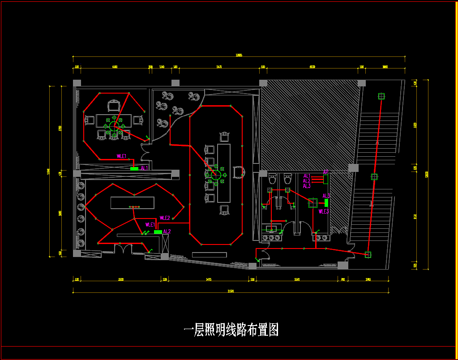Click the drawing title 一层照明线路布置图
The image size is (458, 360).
point(231,330)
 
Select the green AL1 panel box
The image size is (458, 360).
point(134,168)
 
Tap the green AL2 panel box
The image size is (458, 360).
point(158,232)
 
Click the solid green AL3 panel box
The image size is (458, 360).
point(326,202)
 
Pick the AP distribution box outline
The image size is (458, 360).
point(326,179)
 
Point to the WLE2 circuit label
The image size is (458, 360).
point(165,218)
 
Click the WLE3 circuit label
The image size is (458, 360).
point(323,211)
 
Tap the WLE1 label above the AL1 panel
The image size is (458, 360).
point(122,156)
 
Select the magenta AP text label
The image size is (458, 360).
point(326,172)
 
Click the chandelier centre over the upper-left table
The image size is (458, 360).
point(114,126)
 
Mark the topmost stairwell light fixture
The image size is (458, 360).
point(381,96)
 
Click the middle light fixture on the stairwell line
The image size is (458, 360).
point(374,176)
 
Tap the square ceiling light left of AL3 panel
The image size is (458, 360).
point(312,202)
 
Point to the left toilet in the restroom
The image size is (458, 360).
point(272,179)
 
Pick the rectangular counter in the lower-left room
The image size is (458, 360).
point(133,203)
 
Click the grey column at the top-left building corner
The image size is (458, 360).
point(77,83)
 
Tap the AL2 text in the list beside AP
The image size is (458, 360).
point(307,181)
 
